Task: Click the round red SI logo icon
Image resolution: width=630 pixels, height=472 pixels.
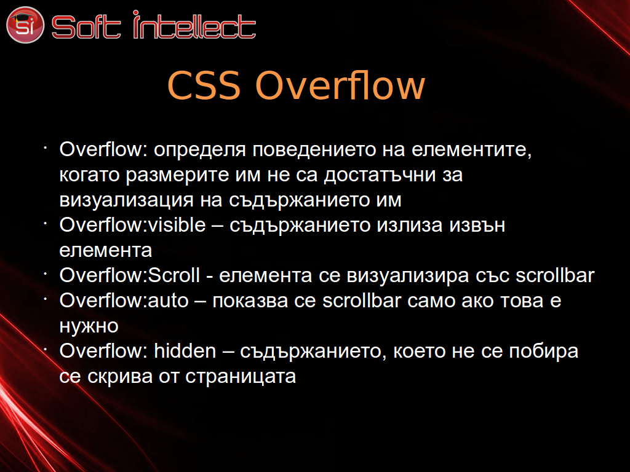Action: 25,25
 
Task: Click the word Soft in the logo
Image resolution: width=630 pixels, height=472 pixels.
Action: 86,27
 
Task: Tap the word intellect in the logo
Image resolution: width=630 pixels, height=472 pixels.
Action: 194,25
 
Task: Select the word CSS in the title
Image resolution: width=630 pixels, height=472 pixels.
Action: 204,85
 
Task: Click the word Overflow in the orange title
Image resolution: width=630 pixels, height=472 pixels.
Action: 340,85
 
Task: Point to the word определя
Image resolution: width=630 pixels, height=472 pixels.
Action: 200,150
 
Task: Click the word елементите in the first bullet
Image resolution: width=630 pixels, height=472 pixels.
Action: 472,150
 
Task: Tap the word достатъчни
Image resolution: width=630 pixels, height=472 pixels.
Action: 380,175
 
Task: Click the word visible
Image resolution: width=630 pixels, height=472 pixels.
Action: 177,225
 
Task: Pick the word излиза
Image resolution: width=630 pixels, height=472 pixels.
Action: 410,225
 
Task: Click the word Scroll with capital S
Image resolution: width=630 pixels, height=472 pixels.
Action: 174,275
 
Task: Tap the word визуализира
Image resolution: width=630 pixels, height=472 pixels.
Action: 408,276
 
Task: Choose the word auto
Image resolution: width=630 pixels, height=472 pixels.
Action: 169,301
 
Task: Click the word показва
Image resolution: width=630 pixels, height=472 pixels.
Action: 250,301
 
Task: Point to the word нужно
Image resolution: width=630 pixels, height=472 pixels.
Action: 89,326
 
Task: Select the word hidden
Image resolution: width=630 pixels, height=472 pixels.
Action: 185,351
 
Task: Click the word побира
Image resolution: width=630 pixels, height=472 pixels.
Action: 544,351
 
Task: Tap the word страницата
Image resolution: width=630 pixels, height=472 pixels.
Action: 241,376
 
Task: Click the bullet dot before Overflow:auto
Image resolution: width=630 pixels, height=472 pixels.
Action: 46,299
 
